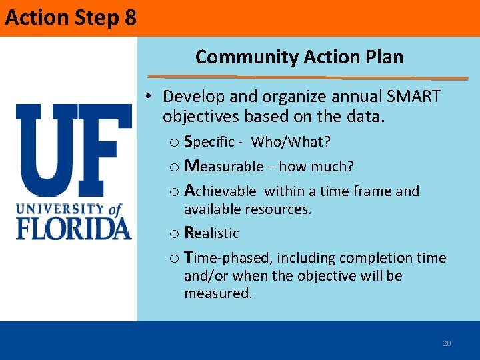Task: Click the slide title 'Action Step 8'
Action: tap(71, 17)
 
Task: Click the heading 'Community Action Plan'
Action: tap(299, 57)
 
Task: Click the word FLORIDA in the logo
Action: tap(73, 228)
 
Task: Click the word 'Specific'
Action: tap(209, 142)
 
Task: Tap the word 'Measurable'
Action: tap(223, 166)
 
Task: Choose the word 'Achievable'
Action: tap(219, 191)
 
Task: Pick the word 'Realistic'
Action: tap(211, 233)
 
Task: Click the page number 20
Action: tap(447, 343)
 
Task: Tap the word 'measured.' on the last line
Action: tap(218, 293)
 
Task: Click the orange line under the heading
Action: tap(307, 77)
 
